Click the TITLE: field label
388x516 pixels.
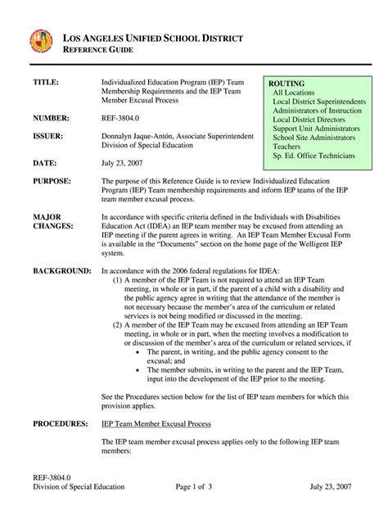tap(47, 84)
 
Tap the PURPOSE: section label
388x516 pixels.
tap(55, 180)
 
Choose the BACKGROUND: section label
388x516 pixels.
tap(62, 269)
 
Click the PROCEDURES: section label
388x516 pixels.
tap(61, 423)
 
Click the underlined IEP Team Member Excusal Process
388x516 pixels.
tap(156, 423)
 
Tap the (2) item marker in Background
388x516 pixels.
tap(119, 324)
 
